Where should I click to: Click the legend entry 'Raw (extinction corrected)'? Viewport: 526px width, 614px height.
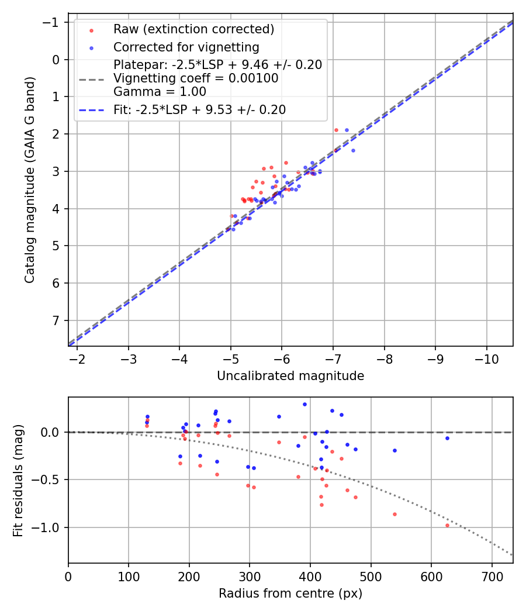tap(193, 29)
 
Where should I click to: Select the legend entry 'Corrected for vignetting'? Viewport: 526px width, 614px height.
tap(186, 47)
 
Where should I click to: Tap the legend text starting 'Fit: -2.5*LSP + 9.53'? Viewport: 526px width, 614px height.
tap(199, 110)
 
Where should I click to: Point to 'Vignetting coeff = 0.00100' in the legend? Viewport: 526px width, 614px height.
tap(196, 78)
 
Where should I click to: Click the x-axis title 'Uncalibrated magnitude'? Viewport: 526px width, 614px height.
tap(290, 376)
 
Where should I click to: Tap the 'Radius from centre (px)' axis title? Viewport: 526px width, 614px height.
tap(290, 594)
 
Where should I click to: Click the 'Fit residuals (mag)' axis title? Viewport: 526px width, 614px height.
tap(18, 480)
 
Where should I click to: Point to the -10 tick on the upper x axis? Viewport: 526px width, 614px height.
tap(486, 358)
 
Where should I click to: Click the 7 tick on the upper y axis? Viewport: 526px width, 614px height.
tap(57, 320)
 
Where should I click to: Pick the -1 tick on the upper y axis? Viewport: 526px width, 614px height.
tap(53, 22)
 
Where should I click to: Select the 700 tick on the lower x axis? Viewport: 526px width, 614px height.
tap(492, 576)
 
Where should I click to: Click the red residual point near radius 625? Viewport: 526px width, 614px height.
tap(447, 525)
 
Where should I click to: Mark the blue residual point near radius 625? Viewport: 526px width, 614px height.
tap(447, 438)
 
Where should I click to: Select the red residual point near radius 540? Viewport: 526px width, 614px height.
tap(394, 514)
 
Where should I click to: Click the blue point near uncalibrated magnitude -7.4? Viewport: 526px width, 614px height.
tap(353, 150)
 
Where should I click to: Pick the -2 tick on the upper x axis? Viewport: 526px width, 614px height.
tap(77, 358)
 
